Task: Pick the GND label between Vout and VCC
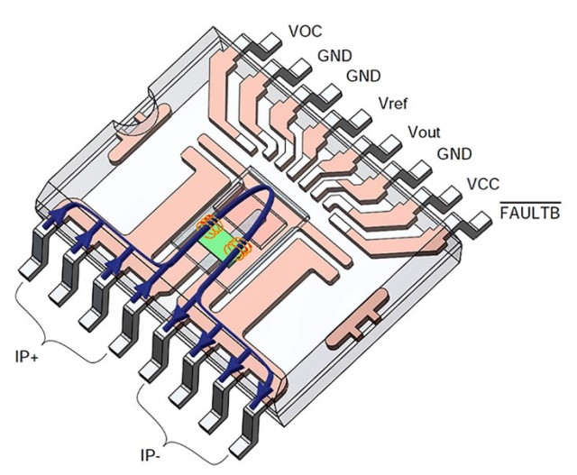click(x=454, y=155)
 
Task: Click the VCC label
click(x=484, y=185)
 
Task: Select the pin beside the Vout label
click(x=389, y=142)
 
